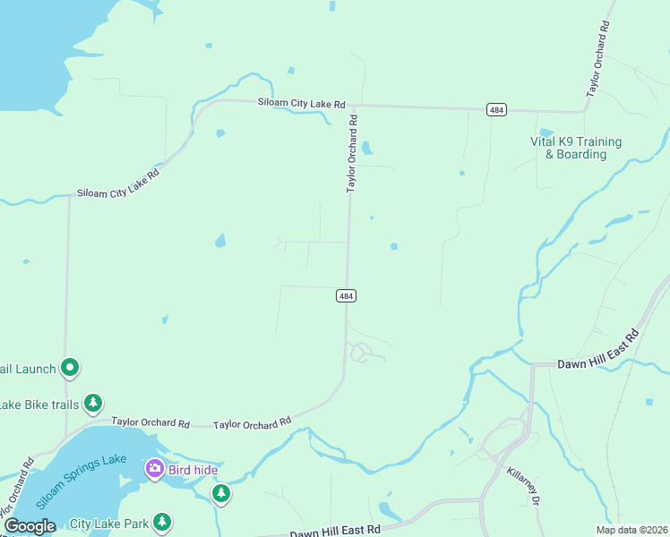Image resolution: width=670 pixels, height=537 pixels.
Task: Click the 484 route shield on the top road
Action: pyautogui.click(x=496, y=109)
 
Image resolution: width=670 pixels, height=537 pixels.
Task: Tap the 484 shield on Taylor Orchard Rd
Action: pyautogui.click(x=347, y=295)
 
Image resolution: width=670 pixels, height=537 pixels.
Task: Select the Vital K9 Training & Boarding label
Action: pyautogui.click(x=576, y=148)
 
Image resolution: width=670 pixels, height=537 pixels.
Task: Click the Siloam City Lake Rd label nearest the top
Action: pyautogui.click(x=302, y=104)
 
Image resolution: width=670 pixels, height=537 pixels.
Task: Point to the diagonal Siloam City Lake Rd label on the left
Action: pyautogui.click(x=117, y=182)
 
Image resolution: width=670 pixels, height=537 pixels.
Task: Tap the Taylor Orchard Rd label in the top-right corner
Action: pyautogui.click(x=598, y=57)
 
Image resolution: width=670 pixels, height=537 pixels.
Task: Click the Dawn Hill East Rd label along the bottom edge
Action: pyautogui.click(x=335, y=530)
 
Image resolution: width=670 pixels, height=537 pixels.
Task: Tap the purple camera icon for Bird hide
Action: pyautogui.click(x=154, y=468)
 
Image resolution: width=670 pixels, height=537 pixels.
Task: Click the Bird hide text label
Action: pyautogui.click(x=193, y=469)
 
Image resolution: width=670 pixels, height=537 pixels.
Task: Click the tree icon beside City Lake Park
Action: pyautogui.click(x=162, y=521)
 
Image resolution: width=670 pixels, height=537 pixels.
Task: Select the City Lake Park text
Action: pyautogui.click(x=108, y=523)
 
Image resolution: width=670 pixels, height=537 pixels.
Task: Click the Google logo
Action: pyautogui.click(x=30, y=526)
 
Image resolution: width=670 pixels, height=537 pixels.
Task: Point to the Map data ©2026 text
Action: pyautogui.click(x=631, y=530)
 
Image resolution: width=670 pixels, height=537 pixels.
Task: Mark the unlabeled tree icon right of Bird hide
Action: pyautogui.click(x=221, y=493)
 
